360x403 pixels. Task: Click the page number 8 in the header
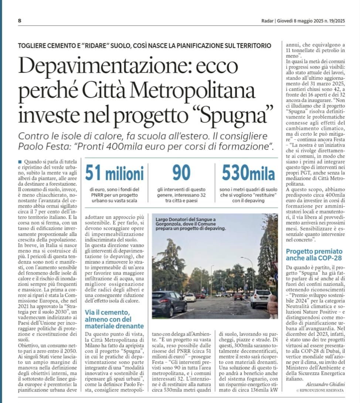point(19,21)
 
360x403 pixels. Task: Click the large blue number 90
point(182,172)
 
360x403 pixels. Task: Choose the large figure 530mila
point(248,173)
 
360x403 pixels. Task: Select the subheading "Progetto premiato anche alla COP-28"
point(314,255)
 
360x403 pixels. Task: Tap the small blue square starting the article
point(19,161)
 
